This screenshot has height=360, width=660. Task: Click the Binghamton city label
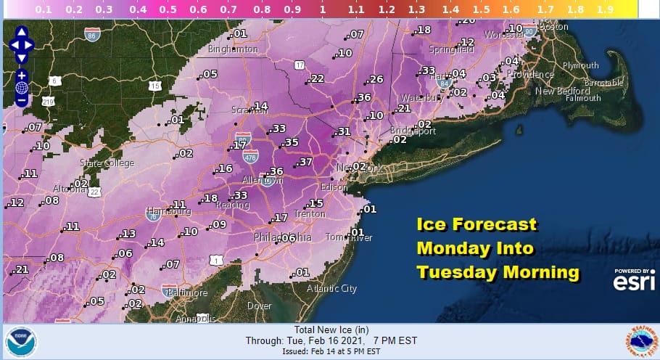[x=233, y=49]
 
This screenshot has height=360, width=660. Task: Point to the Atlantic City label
[x=331, y=288]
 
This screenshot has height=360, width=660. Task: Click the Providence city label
[x=529, y=75]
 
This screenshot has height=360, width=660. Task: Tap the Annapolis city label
[x=195, y=318]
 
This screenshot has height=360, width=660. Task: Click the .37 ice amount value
[x=305, y=161]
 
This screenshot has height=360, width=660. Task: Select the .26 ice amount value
[x=375, y=79]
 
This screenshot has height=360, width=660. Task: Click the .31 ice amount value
[x=343, y=131]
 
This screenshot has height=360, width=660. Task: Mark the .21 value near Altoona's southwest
[x=22, y=269]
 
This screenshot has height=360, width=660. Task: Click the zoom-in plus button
[x=22, y=75]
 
